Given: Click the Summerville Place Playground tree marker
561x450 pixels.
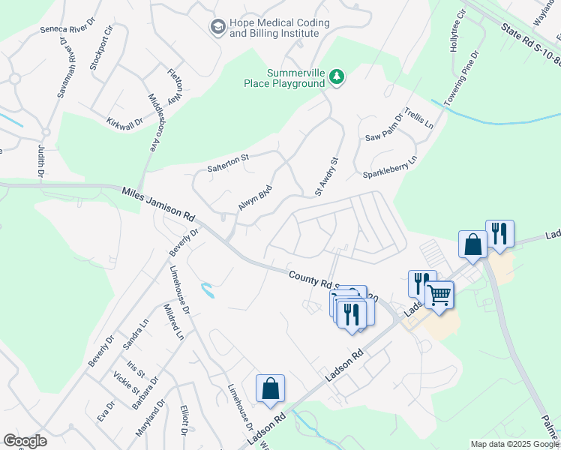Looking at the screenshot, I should click(337, 77).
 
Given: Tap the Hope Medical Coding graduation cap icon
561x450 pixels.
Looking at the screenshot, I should click(218, 27).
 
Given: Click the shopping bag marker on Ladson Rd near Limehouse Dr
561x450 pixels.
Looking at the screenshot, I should click(270, 388).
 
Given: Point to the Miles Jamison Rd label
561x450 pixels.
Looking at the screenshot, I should click(158, 204).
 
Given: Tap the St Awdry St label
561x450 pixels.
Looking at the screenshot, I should click(328, 176).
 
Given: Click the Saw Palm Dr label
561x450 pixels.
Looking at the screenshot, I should click(383, 128).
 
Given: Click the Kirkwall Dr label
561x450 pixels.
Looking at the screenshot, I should click(124, 122).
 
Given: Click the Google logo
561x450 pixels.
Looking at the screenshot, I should click(25, 441).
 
